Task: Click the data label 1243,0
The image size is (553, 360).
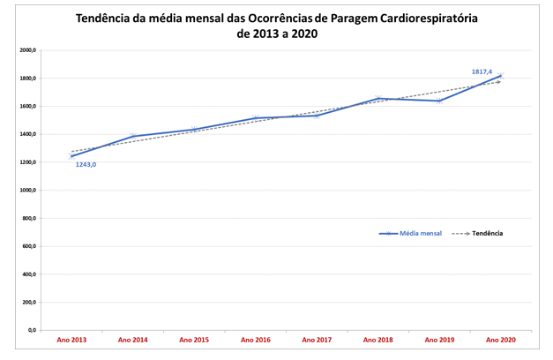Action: click(x=86, y=164)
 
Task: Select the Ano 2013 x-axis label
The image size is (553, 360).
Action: click(x=71, y=339)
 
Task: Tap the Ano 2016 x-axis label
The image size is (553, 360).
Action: click(x=255, y=339)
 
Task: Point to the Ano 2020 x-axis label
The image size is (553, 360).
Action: click(x=501, y=339)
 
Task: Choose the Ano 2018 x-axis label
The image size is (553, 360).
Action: click(x=378, y=339)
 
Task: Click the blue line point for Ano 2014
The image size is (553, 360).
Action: click(x=133, y=137)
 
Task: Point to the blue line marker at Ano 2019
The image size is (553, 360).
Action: click(x=439, y=101)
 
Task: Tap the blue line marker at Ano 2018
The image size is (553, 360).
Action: click(x=378, y=98)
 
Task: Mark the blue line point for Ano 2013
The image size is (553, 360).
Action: click(x=71, y=156)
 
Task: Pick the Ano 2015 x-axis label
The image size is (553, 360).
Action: click(x=194, y=339)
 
